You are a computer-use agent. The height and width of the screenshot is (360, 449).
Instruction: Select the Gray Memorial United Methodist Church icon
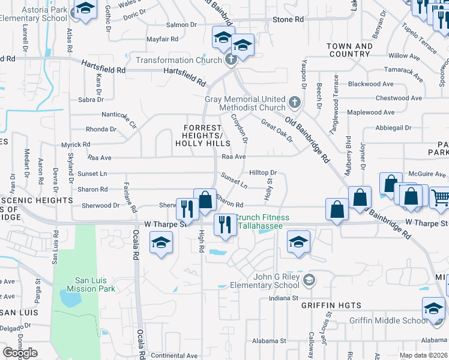pos(294,103)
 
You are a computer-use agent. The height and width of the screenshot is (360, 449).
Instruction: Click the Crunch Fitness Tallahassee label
pos(261,221)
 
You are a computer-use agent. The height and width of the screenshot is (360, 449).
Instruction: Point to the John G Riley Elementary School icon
pos(309,280)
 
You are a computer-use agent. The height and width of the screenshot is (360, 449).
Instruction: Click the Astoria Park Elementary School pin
pos(85,10)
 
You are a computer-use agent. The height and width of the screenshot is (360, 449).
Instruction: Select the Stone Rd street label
pos(288,20)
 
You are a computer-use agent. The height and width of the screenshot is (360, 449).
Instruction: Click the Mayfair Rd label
pos(163,39)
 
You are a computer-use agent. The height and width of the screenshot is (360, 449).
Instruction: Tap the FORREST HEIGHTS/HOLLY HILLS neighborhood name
pos(203,136)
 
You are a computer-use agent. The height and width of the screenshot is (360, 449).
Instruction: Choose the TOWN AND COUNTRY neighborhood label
pos(349,50)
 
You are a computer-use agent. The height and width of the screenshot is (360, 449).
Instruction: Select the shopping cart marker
pos(439,197)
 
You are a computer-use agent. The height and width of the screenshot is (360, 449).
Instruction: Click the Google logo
pos(20,352)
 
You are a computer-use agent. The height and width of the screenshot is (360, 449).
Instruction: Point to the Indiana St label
pos(284,298)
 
